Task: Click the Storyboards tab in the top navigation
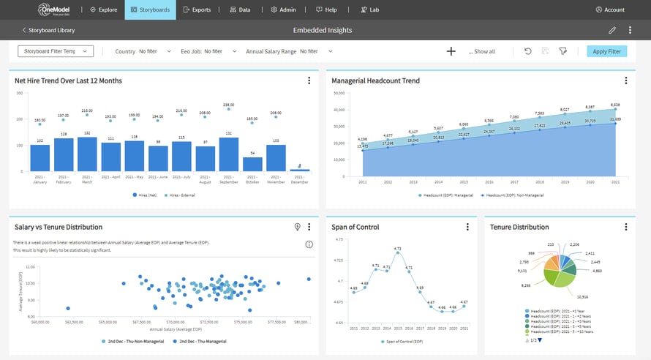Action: (150, 10)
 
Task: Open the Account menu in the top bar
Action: (610, 10)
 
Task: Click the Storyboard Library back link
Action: (48, 30)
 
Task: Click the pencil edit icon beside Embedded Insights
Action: (612, 30)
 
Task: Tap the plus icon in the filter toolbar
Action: (451, 51)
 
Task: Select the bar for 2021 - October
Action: (252, 164)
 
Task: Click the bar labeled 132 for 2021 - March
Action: (87, 154)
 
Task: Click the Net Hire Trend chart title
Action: (68, 80)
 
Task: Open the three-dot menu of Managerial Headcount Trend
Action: (625, 80)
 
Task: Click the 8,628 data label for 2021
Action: (615, 105)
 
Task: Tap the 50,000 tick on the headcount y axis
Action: (338, 93)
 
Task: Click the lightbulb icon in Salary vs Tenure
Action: (298, 227)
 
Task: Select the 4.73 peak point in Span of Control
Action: (397, 256)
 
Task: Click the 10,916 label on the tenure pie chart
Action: (582, 297)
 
